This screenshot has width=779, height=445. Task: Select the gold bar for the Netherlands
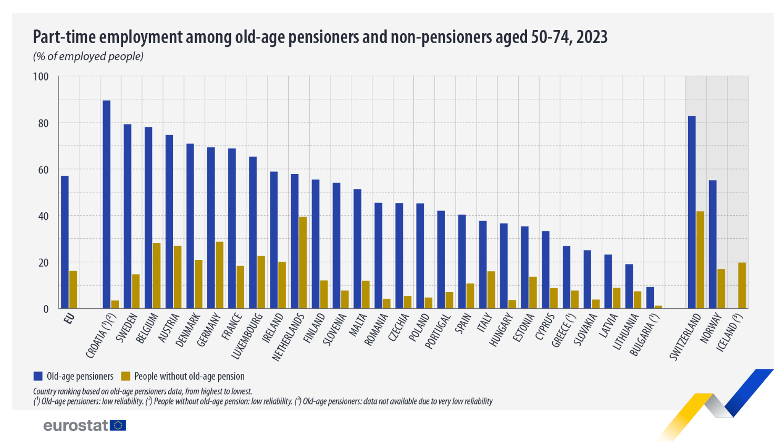point(303,262)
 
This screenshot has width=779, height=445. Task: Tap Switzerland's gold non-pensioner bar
point(700,260)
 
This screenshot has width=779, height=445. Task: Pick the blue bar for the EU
point(65,242)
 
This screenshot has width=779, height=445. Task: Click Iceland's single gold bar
point(742,286)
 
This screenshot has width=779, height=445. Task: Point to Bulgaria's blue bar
point(650,298)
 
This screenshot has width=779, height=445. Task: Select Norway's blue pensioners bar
point(713,244)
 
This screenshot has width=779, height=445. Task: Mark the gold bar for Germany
point(219,275)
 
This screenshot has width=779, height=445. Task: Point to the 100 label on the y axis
point(41,77)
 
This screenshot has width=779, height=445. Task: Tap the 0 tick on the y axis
point(46,309)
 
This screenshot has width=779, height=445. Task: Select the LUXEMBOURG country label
point(247,336)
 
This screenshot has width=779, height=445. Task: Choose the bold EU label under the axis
point(68,318)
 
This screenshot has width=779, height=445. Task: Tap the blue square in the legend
point(38,376)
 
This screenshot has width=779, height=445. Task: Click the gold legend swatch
point(125,376)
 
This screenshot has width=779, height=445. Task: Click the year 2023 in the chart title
point(592,37)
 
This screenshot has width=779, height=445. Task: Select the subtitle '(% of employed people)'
point(88,56)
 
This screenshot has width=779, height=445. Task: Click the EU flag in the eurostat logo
point(118,425)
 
